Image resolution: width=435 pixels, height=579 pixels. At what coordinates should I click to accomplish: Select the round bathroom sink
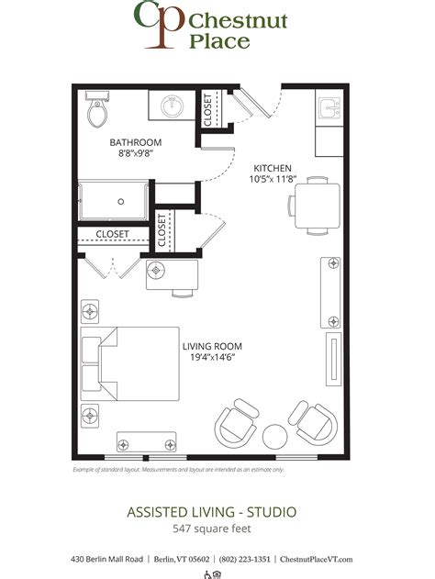pos(171,107)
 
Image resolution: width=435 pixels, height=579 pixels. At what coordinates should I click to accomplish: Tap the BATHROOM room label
pos(136,142)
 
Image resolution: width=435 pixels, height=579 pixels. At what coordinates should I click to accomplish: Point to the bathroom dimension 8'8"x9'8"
pos(136,155)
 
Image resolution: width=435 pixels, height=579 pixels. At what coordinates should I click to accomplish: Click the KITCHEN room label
pos(273,168)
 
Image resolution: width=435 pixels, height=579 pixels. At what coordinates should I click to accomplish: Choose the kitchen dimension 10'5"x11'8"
pos(273,180)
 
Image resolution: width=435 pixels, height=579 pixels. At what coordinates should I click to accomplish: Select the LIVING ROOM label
pos(212,347)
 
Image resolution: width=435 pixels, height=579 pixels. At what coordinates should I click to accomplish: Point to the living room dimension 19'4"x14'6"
pos(212,359)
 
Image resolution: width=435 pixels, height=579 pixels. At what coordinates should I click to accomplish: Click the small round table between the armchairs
pos(277,433)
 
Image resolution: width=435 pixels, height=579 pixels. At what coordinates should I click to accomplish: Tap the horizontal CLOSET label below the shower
pos(113,234)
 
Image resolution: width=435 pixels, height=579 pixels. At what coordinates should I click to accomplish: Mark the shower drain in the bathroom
pos(121,200)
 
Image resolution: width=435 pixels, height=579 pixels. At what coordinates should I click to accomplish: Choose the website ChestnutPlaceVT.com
pos(316,559)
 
